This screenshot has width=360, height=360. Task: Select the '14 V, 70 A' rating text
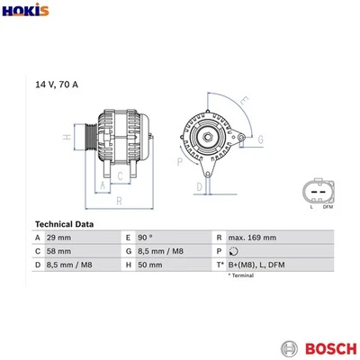tap(56, 84)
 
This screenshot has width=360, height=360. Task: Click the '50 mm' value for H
tap(154, 265)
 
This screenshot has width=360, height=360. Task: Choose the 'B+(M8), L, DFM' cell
tap(257, 265)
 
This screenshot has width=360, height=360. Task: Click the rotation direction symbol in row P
tap(234, 251)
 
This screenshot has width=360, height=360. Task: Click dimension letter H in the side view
tap(66, 138)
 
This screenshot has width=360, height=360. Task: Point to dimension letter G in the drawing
tap(261, 139)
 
